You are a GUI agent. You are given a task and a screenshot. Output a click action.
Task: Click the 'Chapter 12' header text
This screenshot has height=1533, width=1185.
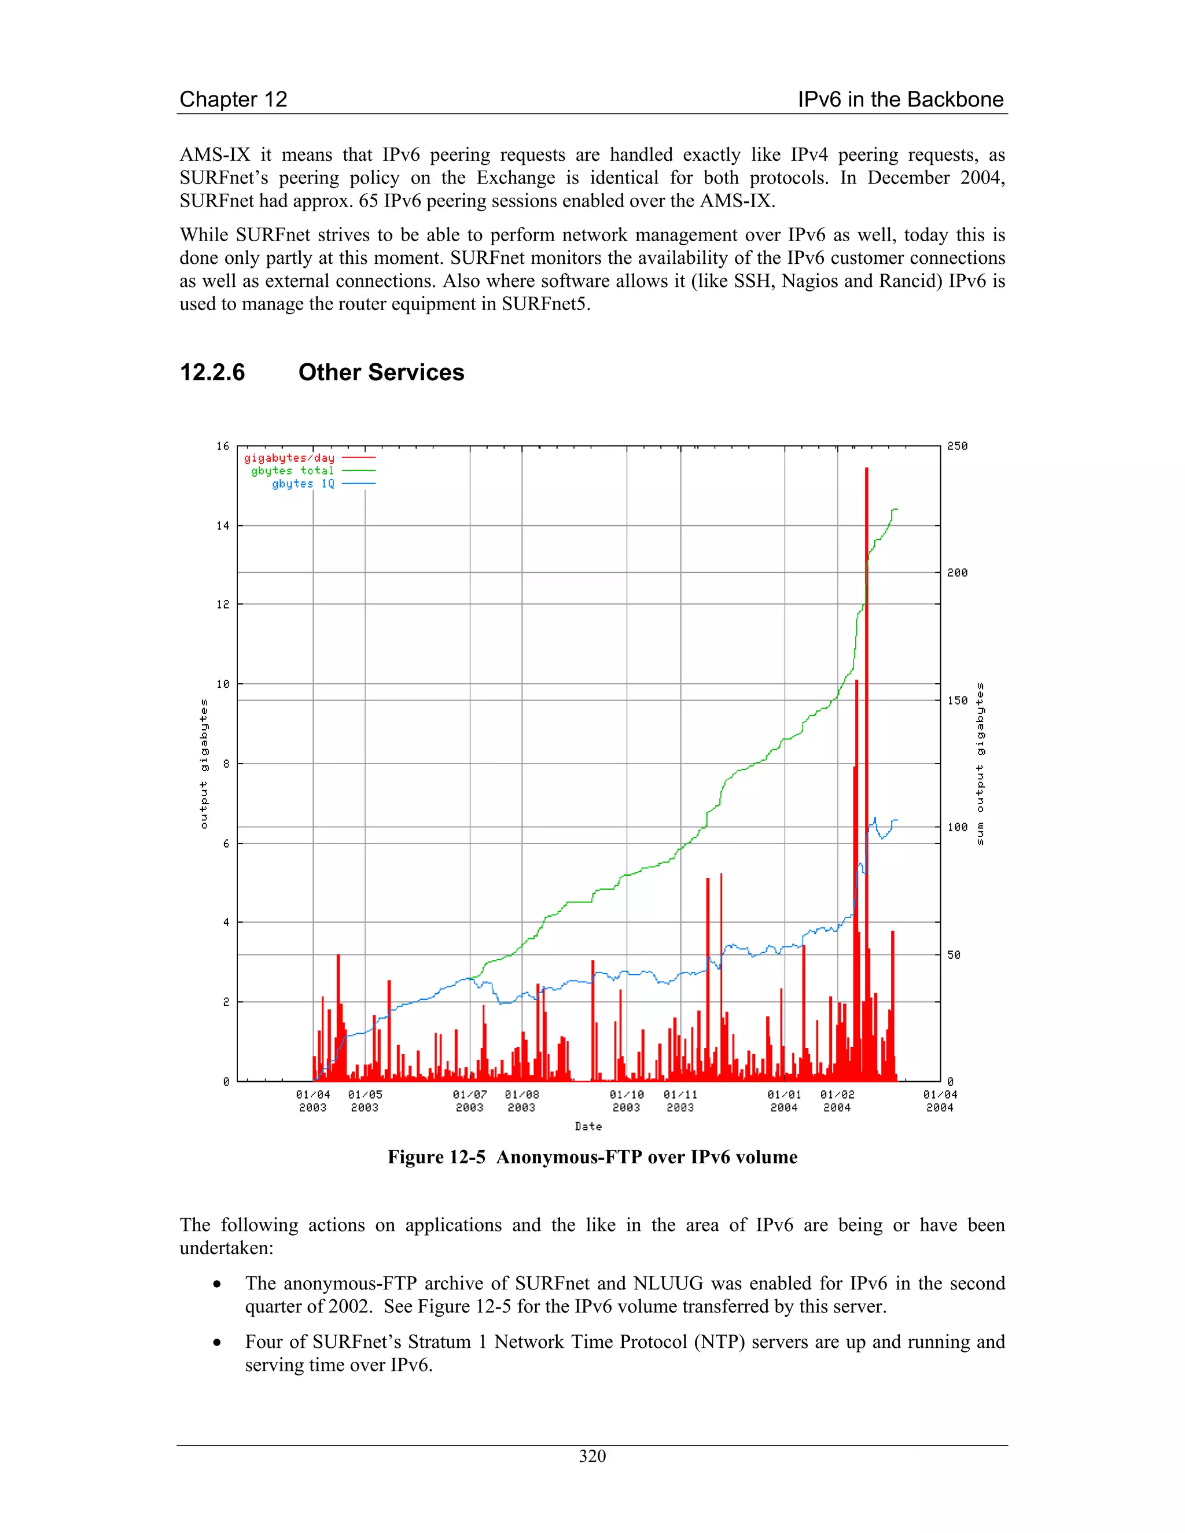point(233,100)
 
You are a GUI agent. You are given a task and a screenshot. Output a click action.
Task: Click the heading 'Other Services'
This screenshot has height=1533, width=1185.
point(381,372)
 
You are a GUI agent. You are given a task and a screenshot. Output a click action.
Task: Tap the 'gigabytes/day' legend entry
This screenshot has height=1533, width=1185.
point(289,458)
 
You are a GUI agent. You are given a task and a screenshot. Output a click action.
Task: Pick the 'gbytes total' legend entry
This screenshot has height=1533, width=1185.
point(292,471)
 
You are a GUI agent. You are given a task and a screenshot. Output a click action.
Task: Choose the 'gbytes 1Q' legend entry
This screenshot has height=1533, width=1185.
point(303,484)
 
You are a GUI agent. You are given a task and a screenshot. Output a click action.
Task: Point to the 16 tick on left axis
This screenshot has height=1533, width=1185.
point(223,447)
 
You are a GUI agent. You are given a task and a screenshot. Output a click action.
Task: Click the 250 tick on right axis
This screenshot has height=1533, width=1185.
point(957,447)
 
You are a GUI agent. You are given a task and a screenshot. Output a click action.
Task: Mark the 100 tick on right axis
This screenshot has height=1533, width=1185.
point(957,827)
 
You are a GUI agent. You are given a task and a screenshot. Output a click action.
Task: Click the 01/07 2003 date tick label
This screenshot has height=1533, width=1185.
point(470,1101)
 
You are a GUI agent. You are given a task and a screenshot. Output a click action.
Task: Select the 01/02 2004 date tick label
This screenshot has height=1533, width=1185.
point(837,1101)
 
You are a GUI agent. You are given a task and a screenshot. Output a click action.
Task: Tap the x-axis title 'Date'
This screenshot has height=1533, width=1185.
point(588,1126)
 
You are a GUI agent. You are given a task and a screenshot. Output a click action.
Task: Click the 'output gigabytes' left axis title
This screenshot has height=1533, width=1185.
point(204,764)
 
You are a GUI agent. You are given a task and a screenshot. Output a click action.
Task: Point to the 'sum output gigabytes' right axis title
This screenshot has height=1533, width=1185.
point(980,764)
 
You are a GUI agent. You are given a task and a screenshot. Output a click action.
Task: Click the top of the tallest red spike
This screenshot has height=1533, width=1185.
point(866,469)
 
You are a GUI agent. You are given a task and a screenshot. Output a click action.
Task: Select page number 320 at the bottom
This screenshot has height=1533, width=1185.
point(592,1457)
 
